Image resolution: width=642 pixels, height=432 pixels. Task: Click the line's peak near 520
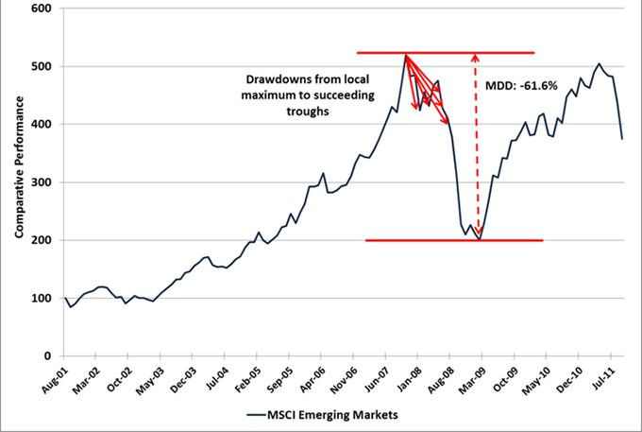pos(405,56)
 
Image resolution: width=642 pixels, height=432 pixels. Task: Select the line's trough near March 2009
pos(480,239)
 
